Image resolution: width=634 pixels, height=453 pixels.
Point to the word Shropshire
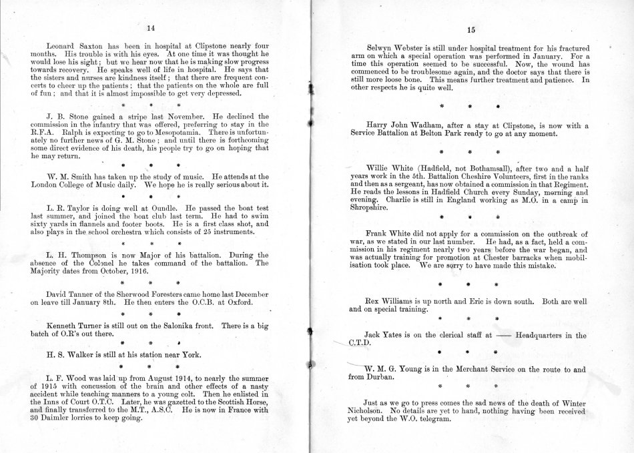pyautogui.click(x=370, y=206)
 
